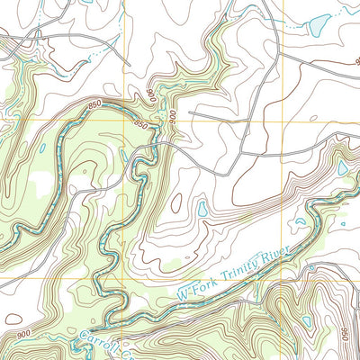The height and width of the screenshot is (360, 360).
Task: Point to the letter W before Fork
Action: tap(183, 292)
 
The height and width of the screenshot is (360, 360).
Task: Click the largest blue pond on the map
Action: tap(319, 25)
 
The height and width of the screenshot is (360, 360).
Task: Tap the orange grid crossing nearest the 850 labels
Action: tap(125, 120)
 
